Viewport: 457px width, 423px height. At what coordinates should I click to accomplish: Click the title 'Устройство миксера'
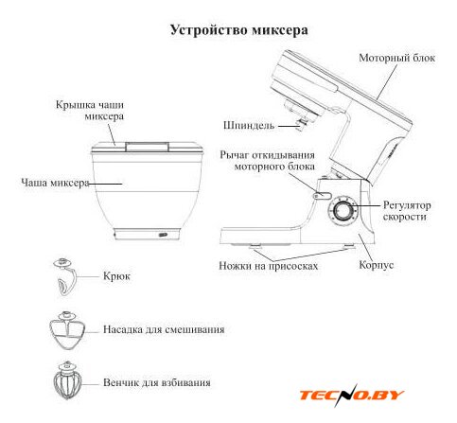239,30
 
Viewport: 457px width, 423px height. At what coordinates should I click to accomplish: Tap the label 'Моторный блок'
396,58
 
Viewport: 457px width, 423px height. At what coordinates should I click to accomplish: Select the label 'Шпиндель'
249,126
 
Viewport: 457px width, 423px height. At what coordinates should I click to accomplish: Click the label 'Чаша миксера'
55,183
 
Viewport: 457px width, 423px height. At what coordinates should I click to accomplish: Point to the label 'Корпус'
377,265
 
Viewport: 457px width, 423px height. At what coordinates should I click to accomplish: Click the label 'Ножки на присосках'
269,266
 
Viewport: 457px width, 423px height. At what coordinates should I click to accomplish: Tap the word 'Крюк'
116,276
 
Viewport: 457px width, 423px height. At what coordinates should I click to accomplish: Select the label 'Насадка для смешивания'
164,329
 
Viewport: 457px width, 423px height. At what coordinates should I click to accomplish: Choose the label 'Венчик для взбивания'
157,382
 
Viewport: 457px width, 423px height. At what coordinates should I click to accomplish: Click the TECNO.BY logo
352,395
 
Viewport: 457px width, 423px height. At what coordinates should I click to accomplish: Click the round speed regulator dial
343,211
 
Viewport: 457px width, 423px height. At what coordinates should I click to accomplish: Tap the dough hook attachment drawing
65,277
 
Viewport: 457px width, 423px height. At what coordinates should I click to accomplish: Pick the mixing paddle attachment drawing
67,330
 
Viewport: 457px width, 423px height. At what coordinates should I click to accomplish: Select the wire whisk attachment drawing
67,380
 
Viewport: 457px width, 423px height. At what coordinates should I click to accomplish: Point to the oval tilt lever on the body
322,196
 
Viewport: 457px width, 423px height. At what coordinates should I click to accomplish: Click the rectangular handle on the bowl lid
147,147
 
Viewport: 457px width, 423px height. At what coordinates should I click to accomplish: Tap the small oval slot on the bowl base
163,235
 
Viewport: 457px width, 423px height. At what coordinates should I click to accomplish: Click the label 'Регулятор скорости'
407,211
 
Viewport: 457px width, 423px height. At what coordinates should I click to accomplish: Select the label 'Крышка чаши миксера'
90,111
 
